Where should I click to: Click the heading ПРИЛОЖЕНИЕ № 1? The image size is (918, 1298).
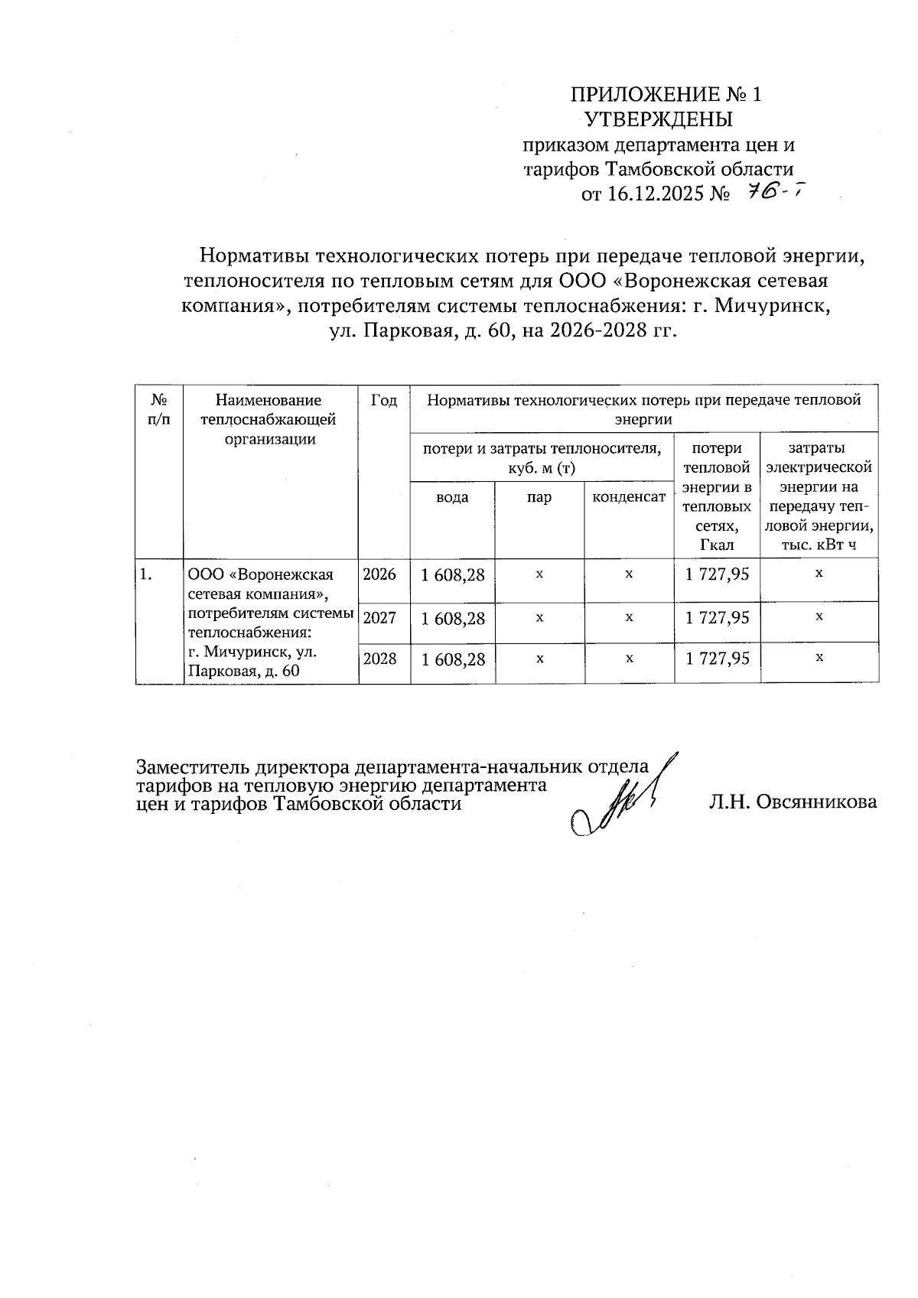click(666, 95)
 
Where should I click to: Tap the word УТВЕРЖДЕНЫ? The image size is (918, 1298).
click(659, 119)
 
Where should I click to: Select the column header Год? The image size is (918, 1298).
click(384, 400)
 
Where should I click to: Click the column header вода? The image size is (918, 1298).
click(452, 498)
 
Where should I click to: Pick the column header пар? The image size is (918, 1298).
click(539, 498)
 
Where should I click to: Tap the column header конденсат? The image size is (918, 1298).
click(629, 498)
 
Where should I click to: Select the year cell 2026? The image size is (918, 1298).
click(379, 574)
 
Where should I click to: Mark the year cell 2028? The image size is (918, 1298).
click(379, 658)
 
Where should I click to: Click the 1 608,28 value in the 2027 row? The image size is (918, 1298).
click(452, 619)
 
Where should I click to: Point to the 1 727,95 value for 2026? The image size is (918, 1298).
click(717, 574)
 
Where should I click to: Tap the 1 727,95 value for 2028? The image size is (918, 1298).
click(717, 658)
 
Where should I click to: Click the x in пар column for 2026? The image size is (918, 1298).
click(539, 574)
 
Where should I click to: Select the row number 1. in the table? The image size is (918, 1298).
click(145, 574)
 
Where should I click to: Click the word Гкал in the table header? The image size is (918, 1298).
click(716, 545)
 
